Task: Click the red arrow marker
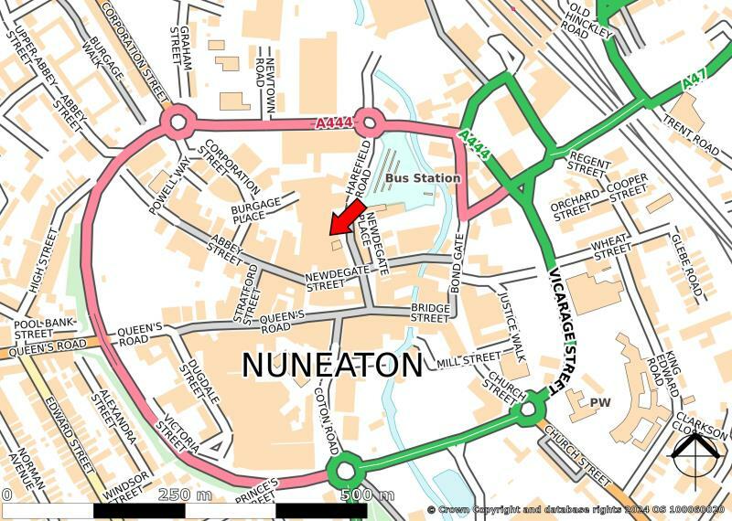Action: tap(345, 218)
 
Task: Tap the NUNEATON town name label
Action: tap(331, 365)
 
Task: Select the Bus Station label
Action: tap(422, 177)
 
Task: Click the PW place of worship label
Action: tap(600, 402)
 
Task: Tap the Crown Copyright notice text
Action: tap(576, 509)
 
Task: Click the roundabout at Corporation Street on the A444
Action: tap(178, 122)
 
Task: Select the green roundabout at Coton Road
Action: tap(345, 472)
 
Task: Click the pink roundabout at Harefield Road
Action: tap(368, 122)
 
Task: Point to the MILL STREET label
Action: tap(469, 358)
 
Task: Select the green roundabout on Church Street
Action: tap(529, 410)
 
